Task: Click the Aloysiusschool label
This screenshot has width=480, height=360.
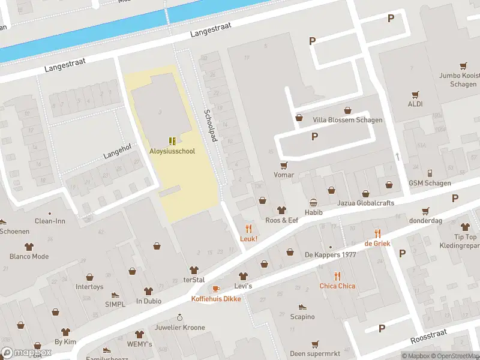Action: point(172,151)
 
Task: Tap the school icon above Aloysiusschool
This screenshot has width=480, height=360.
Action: point(172,141)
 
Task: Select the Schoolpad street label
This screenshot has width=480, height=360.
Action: point(209,125)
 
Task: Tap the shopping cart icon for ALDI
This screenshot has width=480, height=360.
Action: point(415,95)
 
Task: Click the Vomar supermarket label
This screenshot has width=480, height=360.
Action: point(284,175)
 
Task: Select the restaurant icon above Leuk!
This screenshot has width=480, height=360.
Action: point(248,228)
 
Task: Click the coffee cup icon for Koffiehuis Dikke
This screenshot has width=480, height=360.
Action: point(216,289)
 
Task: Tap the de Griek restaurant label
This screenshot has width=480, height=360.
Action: point(377,243)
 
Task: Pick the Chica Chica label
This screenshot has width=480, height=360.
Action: point(337,286)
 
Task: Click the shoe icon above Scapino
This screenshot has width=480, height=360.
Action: point(302,306)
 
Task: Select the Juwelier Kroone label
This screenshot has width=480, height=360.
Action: point(179,328)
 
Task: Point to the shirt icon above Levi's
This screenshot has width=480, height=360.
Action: point(243,276)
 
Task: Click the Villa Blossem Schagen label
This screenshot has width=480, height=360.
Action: point(347,120)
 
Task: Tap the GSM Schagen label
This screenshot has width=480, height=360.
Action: point(430,183)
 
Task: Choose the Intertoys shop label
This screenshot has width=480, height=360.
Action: point(89,287)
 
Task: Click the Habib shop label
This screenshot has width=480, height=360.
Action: point(313,212)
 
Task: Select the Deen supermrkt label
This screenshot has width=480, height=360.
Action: point(315,353)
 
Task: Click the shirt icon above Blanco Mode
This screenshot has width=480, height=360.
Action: point(29,247)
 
